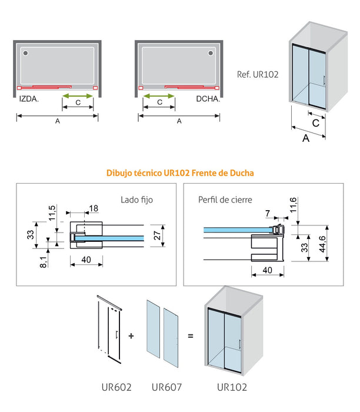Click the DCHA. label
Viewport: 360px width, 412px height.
(208, 99)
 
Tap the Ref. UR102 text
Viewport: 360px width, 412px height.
(257, 75)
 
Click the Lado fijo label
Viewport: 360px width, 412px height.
(136, 200)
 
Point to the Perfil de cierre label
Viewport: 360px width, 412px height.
(225, 200)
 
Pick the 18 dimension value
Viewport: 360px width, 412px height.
(94, 208)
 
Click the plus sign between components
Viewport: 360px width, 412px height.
(131, 336)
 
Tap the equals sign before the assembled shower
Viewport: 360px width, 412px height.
(190, 336)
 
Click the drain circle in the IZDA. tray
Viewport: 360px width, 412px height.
(25, 53)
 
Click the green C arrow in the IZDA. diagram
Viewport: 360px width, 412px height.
(78, 95)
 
